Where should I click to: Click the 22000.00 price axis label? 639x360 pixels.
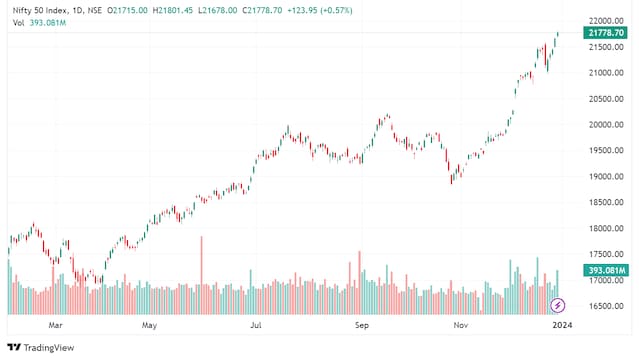604,21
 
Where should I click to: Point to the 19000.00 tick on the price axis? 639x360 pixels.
604,177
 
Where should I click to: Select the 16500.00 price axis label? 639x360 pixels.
604,307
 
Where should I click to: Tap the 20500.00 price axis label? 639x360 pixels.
604,99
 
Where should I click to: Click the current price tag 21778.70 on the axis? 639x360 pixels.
606,33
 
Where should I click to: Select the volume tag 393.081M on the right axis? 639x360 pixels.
606,270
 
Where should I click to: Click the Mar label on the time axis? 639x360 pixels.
56,326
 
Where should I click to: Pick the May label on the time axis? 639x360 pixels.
150,326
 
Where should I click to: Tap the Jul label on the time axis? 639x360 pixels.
256,326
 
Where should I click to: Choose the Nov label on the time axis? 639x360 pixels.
460,326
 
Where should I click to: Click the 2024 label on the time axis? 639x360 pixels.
563,326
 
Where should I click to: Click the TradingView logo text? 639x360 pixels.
49,347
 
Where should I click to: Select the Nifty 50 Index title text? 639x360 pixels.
38,7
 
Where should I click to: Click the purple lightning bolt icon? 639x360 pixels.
558,304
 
